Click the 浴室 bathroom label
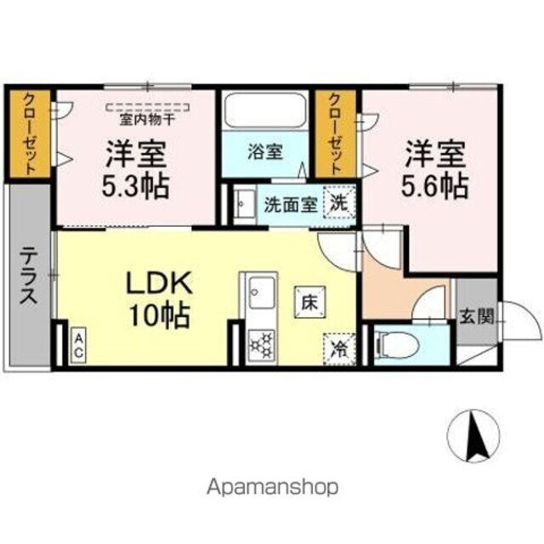[265, 153]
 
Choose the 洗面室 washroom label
[290, 204]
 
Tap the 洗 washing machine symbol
[340, 203]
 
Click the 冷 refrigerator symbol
[338, 348]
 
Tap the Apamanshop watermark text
[272, 487]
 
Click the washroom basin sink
[243, 204]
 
